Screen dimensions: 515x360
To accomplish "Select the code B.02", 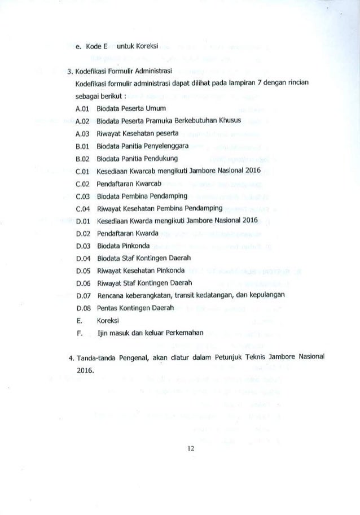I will (x=83, y=158).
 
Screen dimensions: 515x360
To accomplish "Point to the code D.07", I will (x=83, y=295).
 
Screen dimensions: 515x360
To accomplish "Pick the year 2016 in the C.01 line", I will (x=250, y=170).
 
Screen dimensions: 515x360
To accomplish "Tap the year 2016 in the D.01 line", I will (x=248, y=220).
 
